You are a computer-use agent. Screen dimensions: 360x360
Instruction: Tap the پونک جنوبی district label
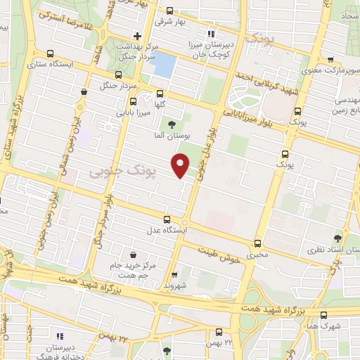117,172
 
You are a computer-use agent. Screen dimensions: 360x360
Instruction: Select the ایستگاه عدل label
167,231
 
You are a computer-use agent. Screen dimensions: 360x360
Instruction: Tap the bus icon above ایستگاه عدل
167,219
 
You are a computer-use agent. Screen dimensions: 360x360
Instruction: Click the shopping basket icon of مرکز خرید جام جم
134,255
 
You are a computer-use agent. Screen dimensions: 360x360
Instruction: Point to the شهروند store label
174,285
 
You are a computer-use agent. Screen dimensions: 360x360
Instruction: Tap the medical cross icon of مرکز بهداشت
138,35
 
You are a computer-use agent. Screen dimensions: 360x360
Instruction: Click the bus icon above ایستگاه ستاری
50,53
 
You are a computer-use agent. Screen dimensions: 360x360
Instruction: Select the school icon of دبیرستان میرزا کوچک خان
210,33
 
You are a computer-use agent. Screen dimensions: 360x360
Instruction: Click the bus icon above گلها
159,93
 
